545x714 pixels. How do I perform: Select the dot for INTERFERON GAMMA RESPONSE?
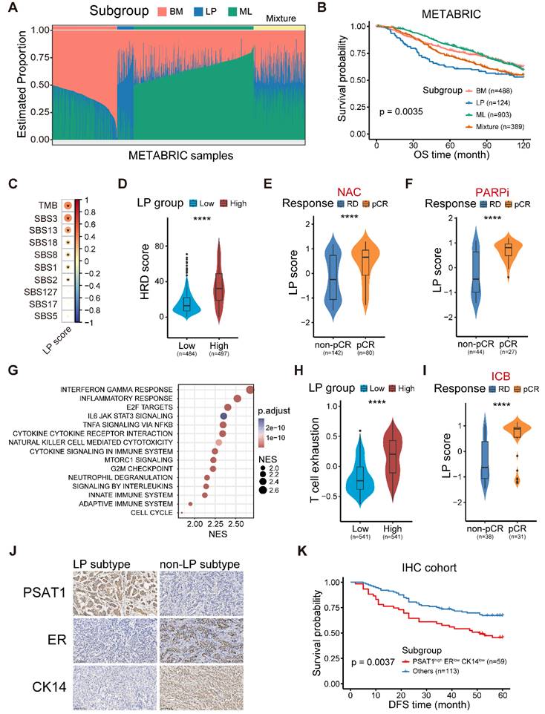click(249, 390)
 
